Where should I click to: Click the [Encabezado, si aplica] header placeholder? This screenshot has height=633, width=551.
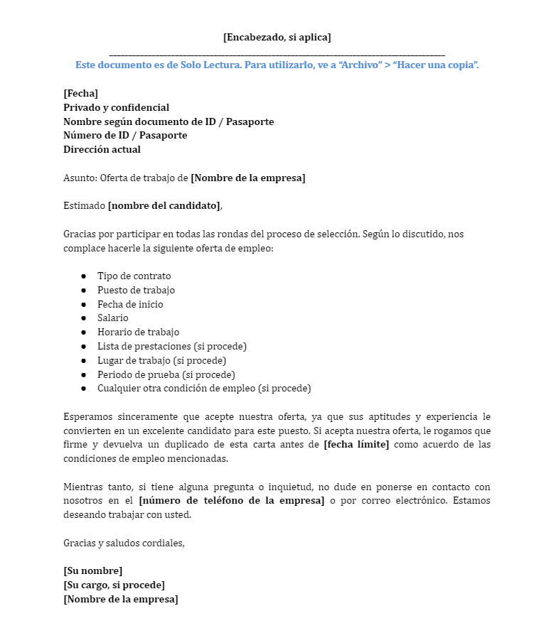277,37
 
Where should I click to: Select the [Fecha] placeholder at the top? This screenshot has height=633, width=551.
80,93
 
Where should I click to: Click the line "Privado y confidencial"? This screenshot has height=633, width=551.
116,107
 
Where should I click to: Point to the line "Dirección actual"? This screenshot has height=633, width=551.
102,149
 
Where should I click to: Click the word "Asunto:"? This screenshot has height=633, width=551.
80,178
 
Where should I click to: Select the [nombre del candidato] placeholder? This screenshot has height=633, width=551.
164,205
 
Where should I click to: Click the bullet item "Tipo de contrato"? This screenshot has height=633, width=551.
134,276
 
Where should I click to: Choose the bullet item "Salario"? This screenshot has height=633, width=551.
113,318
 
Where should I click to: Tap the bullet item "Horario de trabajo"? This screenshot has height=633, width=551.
138,332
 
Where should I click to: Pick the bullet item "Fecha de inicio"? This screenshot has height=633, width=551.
130,304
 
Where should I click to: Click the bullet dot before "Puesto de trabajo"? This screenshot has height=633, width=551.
83,290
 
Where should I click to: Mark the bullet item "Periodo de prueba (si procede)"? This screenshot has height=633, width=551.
166,374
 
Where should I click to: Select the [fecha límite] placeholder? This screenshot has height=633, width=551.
356,444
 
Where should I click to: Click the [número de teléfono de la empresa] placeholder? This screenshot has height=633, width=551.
231,501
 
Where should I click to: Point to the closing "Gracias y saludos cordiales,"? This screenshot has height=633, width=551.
124,543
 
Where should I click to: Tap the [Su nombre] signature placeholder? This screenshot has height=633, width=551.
92,570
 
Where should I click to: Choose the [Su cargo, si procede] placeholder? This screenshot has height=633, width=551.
114,585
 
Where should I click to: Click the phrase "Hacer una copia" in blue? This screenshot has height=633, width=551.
435,65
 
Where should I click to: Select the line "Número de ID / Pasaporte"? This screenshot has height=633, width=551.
125,135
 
